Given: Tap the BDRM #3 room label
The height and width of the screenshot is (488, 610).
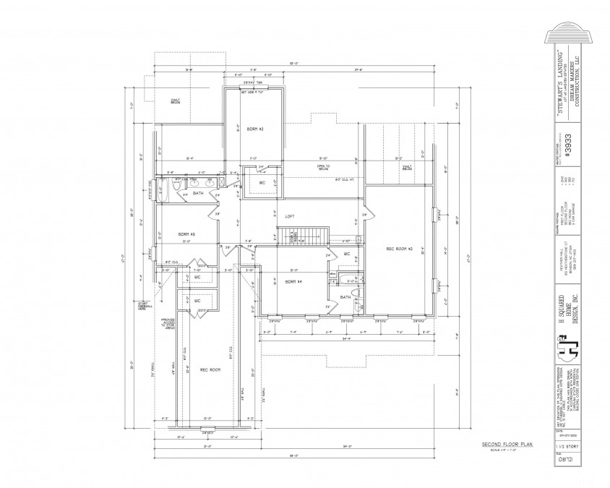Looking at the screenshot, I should tap(187, 234).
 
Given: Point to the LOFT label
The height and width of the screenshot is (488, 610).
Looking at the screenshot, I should tap(289, 215).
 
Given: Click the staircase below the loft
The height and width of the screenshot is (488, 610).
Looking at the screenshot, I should tap(306, 234).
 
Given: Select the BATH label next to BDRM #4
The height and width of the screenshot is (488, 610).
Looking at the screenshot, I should tap(345, 296).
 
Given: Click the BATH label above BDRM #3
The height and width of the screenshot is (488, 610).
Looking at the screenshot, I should tap(197, 193).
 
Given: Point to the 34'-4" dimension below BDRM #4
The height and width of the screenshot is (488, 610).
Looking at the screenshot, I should tap(346, 338).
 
